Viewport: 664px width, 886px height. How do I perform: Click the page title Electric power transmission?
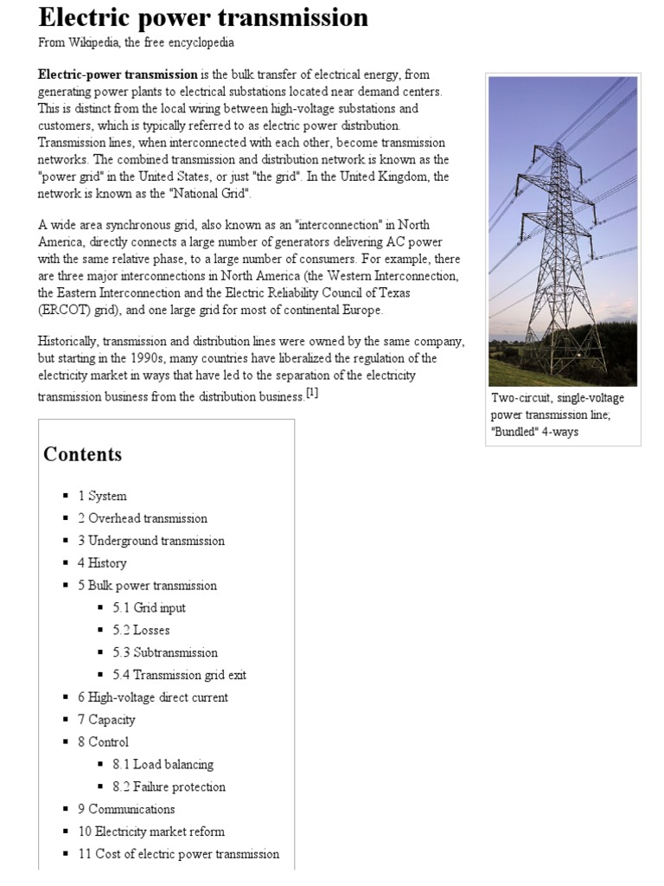click(203, 17)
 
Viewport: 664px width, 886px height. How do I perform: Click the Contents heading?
click(83, 454)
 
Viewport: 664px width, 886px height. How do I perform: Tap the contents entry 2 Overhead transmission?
click(143, 518)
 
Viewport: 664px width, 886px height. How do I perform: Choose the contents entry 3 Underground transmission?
click(151, 541)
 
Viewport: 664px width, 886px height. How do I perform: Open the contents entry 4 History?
click(102, 563)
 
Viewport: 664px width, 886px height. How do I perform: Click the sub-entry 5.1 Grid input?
click(149, 607)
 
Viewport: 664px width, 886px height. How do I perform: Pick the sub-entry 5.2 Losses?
click(141, 630)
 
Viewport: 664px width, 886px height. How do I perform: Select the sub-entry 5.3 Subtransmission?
click(165, 652)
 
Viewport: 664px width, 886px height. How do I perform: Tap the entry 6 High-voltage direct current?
click(153, 697)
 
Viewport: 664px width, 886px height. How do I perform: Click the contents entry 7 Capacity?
click(106, 720)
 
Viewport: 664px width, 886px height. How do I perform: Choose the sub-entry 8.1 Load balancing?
click(163, 764)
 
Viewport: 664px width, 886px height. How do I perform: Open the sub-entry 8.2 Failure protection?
click(169, 786)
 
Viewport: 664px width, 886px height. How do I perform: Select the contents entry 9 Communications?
click(126, 809)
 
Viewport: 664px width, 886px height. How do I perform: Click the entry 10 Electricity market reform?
click(151, 831)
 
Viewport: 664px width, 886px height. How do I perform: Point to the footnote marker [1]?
click(312, 394)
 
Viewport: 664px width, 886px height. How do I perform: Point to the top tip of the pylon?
click(561, 143)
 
